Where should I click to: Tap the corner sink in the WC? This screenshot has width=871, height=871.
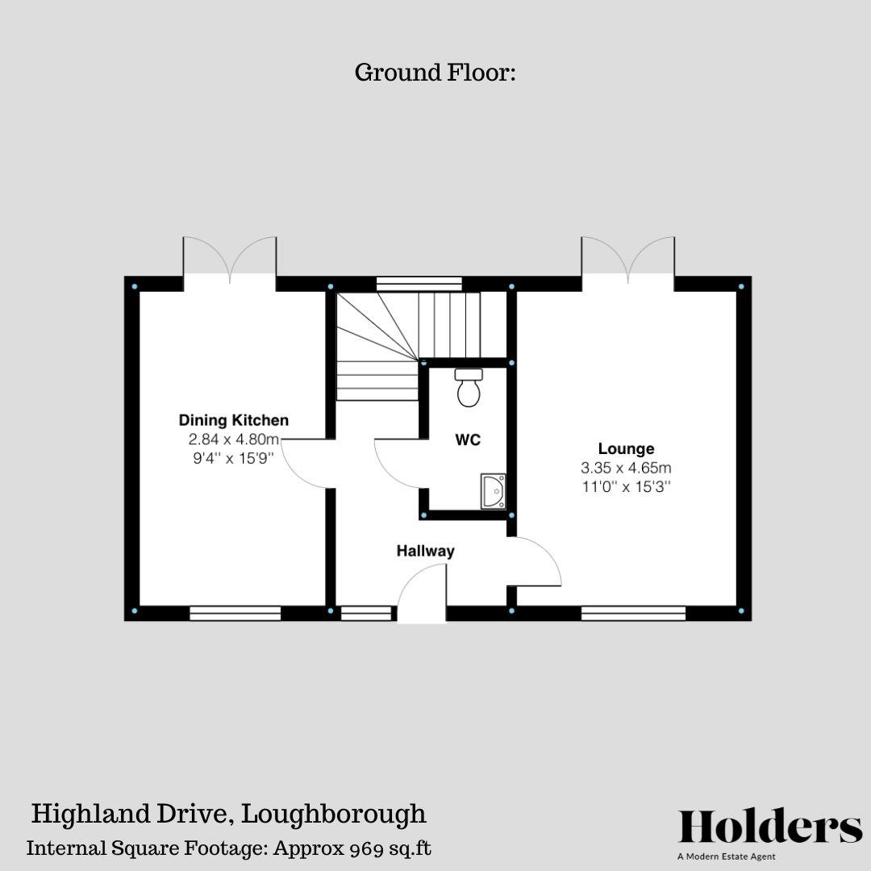493,491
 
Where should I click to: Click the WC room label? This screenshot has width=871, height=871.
468,440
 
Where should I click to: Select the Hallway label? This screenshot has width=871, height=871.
425,552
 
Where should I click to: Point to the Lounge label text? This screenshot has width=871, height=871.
626,449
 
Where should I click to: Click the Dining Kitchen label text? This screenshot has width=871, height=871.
233,420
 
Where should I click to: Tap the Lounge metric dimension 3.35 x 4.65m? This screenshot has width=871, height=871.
626,468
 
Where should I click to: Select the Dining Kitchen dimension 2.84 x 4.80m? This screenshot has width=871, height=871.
233,440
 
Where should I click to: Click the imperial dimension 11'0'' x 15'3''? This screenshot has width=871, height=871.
626,486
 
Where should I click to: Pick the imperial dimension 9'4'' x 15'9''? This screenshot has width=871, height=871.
233,458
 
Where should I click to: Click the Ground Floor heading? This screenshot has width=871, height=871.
435,73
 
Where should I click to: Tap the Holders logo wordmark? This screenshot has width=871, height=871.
770,827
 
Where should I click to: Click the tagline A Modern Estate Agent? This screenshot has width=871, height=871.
726,856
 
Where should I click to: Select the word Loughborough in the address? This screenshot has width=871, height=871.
335,813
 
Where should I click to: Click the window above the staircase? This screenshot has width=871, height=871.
419,283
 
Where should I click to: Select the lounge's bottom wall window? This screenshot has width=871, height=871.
633,614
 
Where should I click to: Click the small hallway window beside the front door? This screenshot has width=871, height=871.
365,614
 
